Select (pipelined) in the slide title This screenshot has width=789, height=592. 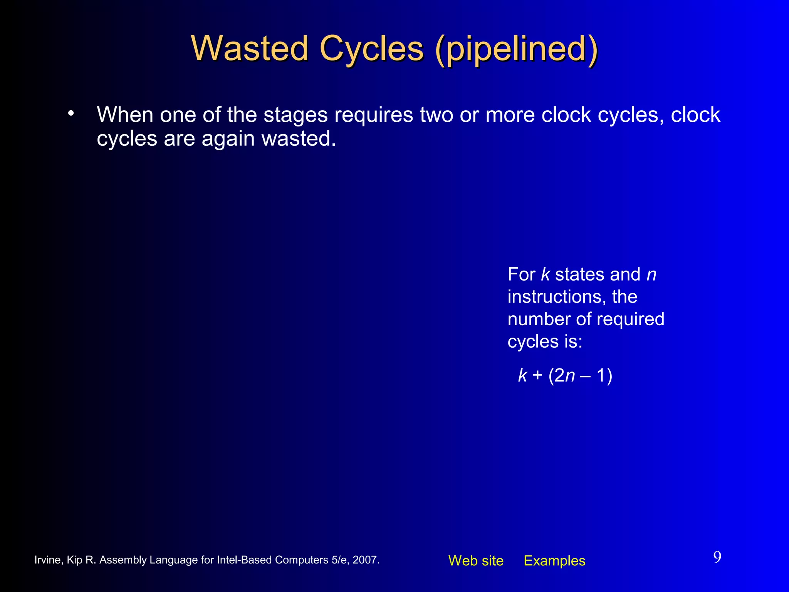click(517, 49)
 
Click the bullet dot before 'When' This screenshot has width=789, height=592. click(71, 113)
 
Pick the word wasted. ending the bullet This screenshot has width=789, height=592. click(299, 138)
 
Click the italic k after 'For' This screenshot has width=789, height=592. click(545, 274)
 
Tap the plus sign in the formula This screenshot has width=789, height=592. click(537, 375)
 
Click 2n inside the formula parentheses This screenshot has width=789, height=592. click(565, 375)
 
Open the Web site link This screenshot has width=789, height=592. click(476, 561)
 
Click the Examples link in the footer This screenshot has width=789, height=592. click(554, 561)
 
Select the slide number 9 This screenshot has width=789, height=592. click(717, 557)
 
